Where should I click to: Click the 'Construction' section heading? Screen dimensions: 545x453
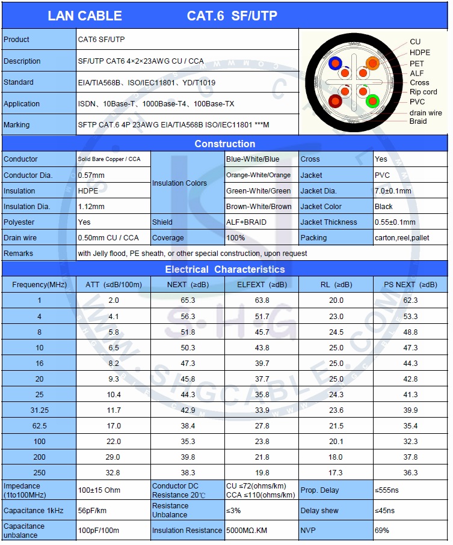coord(224,144)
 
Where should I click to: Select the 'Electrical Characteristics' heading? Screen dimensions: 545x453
coord(224,269)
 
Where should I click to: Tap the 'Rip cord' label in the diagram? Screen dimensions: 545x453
coord(423,92)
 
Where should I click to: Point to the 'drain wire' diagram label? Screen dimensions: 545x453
coord(425,112)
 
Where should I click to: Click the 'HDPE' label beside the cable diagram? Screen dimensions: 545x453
coord(420,53)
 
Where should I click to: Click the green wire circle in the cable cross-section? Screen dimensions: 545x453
coord(372,101)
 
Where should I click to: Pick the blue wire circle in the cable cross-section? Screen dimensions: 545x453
coord(335,62)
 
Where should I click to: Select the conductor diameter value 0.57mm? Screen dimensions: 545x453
coord(91,175)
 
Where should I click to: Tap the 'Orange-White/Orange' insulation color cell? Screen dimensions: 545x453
coord(258,175)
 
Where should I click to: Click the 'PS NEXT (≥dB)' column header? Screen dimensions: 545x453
coord(410,284)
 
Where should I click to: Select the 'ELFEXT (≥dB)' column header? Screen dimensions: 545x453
coord(262,284)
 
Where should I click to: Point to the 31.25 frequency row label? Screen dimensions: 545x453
coord(39,410)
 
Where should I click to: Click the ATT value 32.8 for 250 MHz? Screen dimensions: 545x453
coord(114,473)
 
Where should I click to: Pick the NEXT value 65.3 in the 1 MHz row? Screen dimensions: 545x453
coord(188,300)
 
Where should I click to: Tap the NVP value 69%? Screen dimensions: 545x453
coord(382,531)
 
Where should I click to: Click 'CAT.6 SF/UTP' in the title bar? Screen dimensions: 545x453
coord(232,16)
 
